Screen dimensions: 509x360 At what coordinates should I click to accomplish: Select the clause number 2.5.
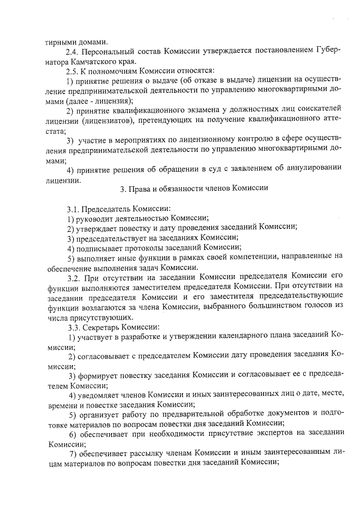tap(73, 71)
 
